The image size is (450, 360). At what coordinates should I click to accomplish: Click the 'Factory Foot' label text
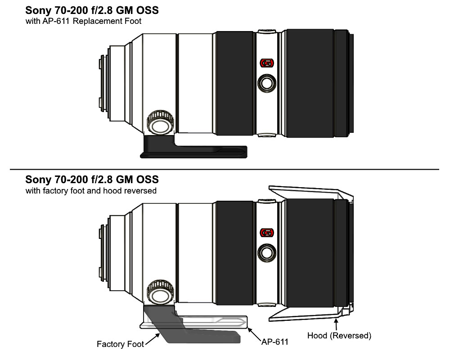point(120,344)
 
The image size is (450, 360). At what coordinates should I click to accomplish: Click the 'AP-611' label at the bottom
point(274,342)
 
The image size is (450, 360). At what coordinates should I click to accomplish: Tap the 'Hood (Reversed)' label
point(339,336)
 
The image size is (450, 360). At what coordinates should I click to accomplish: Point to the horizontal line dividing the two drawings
point(225,169)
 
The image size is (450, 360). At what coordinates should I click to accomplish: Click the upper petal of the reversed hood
point(306,190)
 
